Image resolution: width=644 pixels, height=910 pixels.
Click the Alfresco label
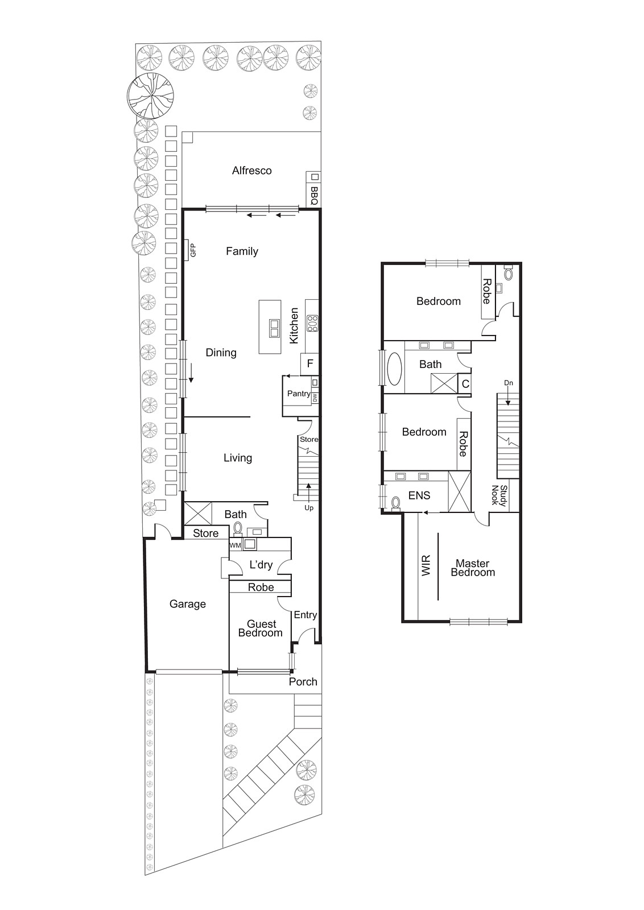click(x=251, y=171)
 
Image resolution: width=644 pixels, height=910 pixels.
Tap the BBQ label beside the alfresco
click(x=314, y=196)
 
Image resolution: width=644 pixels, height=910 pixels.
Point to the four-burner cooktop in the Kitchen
click(x=312, y=323)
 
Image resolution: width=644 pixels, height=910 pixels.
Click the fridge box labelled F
click(x=310, y=364)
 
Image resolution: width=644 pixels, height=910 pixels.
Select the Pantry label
click(x=298, y=394)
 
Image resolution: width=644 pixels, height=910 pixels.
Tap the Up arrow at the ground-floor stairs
click(x=308, y=507)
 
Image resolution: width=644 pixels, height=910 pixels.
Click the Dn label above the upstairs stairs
click(x=509, y=383)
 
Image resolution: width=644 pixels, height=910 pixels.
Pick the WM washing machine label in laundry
click(x=235, y=545)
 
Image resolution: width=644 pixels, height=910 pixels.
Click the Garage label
click(x=187, y=604)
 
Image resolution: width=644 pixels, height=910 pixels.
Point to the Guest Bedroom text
click(x=261, y=628)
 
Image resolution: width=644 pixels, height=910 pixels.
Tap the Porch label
click(x=303, y=681)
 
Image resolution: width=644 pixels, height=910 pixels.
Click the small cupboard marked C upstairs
click(x=465, y=384)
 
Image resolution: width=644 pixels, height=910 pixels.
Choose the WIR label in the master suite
click(x=426, y=566)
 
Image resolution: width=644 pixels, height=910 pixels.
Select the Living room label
click(x=237, y=458)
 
